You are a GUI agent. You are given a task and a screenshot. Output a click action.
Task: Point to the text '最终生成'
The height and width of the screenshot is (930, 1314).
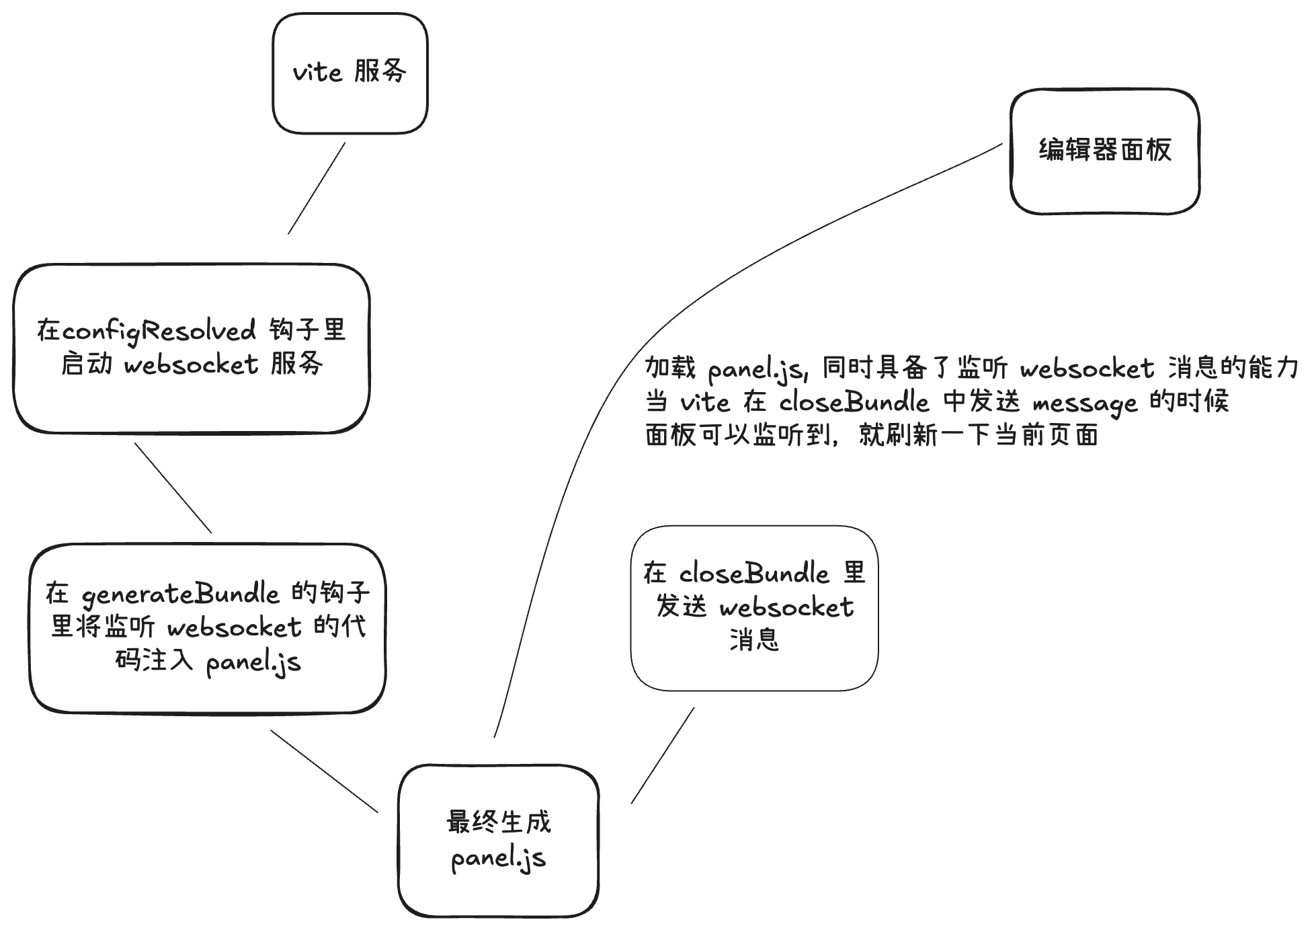499,822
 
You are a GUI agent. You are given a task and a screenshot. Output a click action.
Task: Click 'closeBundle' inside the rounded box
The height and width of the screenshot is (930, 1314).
754,574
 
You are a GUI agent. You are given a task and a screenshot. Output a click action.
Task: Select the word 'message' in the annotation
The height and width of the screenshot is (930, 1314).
1085,403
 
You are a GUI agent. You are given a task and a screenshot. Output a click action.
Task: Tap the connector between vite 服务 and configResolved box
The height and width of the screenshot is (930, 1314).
317,188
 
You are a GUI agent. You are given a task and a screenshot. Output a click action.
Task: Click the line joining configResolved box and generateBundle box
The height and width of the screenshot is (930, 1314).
173,488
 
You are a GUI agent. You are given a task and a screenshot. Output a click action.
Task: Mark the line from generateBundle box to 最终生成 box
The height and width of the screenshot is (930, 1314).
325,771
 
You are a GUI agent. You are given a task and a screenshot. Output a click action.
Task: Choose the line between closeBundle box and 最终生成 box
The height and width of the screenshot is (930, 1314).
663,755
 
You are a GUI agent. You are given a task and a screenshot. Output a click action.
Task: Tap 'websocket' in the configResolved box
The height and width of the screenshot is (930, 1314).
192,364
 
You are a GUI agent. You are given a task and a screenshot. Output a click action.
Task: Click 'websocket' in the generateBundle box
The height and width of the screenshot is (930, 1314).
235,627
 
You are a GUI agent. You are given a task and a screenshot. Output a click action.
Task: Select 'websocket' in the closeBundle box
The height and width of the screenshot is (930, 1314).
787,607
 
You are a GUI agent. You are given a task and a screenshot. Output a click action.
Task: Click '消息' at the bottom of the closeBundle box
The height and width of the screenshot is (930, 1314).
754,640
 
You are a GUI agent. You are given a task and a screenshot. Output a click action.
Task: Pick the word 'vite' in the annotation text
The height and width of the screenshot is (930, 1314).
705,402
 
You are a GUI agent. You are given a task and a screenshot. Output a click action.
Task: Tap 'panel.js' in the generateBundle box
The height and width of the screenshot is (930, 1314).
253,662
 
